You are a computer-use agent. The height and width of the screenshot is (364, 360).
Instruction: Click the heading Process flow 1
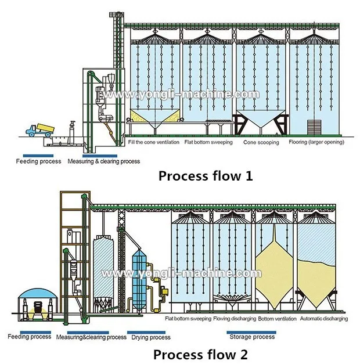pos(206,176)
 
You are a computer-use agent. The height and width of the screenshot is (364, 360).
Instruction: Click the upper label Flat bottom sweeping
pos(208,142)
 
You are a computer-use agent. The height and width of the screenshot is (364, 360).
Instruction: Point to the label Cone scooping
pos(261,142)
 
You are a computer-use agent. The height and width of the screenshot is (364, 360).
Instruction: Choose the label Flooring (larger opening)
pos(316,142)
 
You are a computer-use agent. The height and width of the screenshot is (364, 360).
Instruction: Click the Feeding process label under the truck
pos(35,161)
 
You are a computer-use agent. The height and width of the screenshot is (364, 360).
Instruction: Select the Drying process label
pos(153,337)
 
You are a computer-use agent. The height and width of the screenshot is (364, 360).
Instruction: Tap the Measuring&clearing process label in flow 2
pos(91,337)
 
